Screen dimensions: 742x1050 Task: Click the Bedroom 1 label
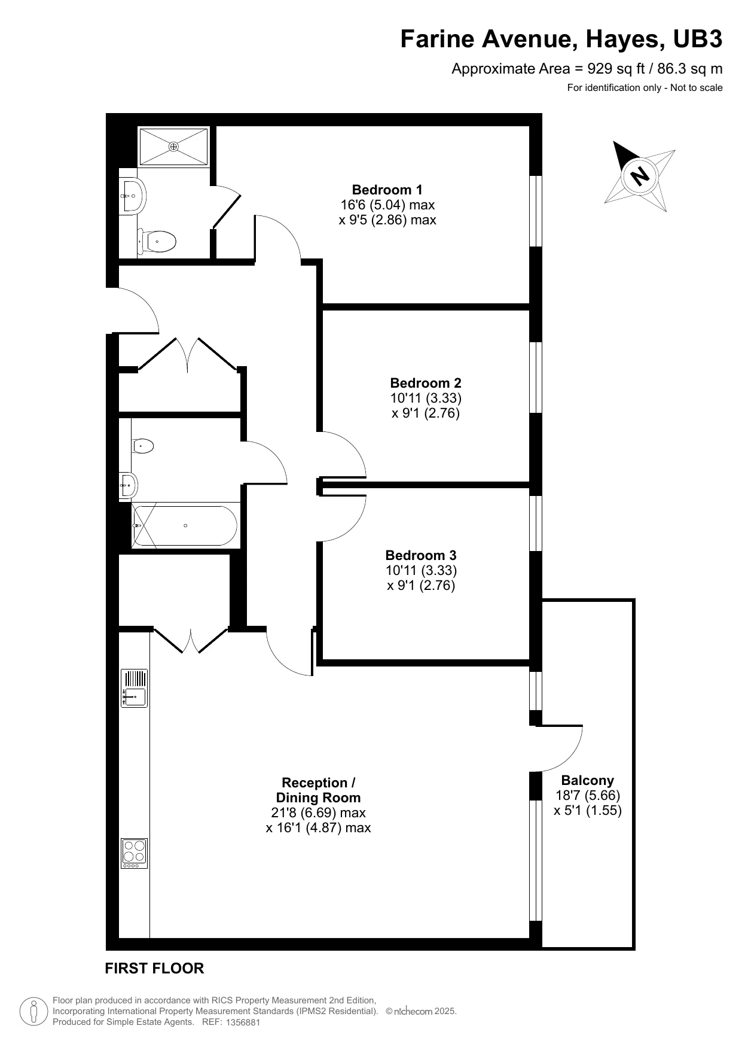[387, 190]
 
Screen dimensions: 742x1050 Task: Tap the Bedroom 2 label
[426, 383]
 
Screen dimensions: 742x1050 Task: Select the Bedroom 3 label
[421, 555]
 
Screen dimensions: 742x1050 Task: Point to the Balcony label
[588, 780]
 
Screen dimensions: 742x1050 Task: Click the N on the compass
[640, 176]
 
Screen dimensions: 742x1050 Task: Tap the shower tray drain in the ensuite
[173, 146]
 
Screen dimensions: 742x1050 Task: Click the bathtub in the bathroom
[185, 526]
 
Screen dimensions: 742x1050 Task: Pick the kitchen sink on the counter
[135, 689]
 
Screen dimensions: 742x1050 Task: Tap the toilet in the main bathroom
[142, 446]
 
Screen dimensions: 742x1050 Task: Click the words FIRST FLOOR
[154, 968]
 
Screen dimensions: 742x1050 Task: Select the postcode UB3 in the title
[698, 39]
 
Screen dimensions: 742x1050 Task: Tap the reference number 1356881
[243, 1022]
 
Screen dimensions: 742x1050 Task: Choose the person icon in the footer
[33, 1011]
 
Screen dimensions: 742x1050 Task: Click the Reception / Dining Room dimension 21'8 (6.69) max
[318, 813]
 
